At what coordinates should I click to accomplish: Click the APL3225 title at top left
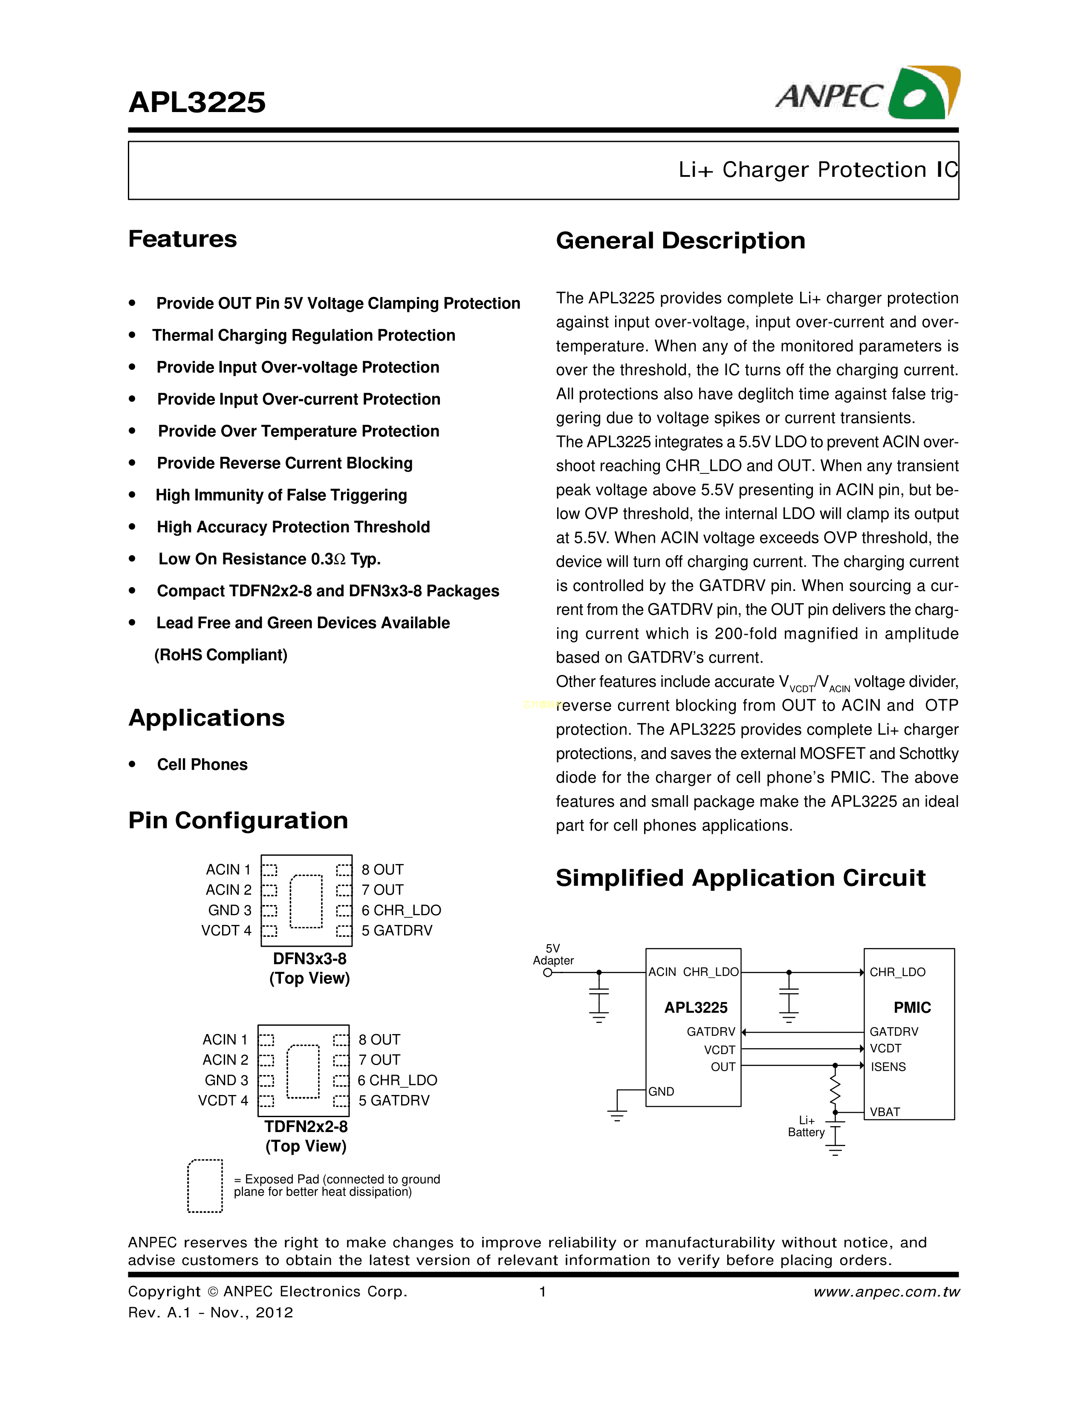(x=197, y=102)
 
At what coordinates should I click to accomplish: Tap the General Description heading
(x=680, y=241)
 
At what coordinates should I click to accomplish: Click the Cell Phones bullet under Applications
(x=202, y=764)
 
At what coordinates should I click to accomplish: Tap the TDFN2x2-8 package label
(x=306, y=1127)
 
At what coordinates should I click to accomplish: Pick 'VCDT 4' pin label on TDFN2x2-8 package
(x=223, y=1100)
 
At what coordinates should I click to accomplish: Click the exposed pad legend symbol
(x=205, y=1186)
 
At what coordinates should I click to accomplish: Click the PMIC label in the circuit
(x=912, y=1008)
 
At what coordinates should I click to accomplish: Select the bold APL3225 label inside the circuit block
(x=696, y=1008)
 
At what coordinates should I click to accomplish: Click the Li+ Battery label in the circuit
(x=806, y=1127)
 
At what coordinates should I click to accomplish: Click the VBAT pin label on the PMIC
(x=885, y=1112)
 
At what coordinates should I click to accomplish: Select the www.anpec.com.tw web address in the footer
(x=886, y=1291)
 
